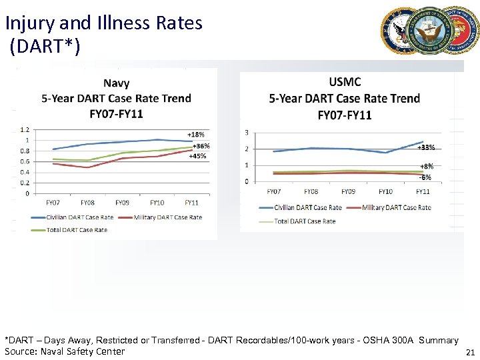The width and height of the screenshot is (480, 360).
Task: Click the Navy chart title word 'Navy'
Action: click(x=116, y=83)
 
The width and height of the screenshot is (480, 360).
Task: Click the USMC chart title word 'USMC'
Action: click(x=345, y=82)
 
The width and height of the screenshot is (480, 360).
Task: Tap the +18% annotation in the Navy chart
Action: click(x=195, y=134)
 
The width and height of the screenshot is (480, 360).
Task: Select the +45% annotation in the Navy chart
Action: click(x=197, y=156)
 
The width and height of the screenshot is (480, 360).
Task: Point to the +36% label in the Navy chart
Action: click(x=201, y=146)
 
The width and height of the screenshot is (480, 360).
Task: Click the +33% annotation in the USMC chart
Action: click(x=426, y=147)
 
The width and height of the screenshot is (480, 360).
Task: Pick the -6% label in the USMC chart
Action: click(x=425, y=177)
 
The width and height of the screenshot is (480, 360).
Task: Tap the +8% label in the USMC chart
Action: click(x=426, y=166)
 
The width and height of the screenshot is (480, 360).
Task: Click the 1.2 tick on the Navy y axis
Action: click(x=25, y=129)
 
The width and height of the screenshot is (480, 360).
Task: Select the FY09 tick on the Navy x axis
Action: click(x=122, y=203)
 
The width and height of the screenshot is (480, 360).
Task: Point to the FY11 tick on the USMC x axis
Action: click(x=422, y=191)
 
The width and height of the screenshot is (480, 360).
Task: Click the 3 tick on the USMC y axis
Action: click(x=247, y=132)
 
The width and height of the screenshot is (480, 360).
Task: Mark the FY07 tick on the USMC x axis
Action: click(x=273, y=191)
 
